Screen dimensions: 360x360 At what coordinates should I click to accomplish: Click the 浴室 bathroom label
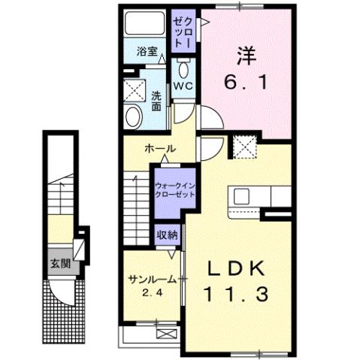[x=147, y=52]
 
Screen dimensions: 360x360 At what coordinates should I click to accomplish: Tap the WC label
[x=183, y=86]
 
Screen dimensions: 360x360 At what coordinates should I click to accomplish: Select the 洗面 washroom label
[x=156, y=101]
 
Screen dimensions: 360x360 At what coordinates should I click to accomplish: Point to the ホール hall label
[x=160, y=149]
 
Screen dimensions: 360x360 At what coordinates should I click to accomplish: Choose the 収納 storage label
[x=167, y=234]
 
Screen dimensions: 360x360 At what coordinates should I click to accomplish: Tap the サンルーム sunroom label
[x=151, y=278]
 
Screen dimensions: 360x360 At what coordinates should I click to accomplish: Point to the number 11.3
[x=235, y=295]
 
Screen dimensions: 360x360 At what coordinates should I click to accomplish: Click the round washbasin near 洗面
[x=135, y=116]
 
